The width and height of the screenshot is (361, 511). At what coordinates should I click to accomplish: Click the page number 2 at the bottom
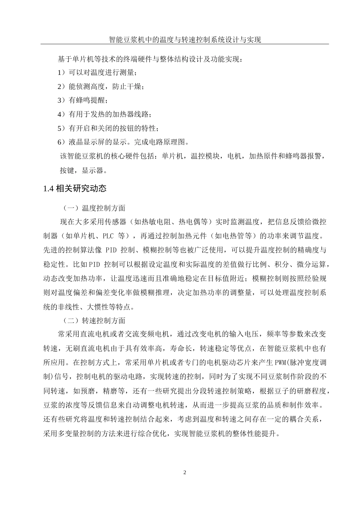[185, 473]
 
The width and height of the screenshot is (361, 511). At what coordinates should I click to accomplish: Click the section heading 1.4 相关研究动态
[75, 188]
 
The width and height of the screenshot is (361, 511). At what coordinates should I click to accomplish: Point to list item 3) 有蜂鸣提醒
[82, 100]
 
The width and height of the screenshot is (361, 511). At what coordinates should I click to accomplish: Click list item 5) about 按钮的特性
[108, 128]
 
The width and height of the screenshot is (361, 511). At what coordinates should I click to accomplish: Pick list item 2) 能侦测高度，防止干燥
[101, 86]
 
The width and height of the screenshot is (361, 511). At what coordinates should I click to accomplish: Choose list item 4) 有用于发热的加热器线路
[104, 114]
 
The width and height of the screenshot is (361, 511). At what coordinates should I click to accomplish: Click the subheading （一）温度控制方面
[95, 208]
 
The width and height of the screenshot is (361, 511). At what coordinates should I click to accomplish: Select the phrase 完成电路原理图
[163, 142]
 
